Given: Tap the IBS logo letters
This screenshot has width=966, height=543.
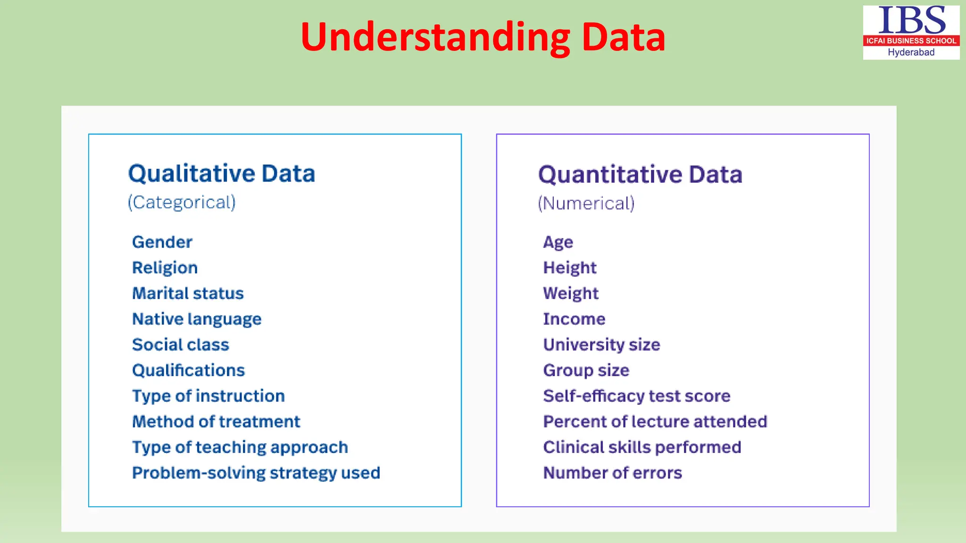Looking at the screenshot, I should click(x=911, y=21).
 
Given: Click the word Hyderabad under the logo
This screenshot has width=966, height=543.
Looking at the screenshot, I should click(x=911, y=52).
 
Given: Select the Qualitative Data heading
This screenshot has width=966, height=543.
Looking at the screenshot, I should click(x=222, y=173).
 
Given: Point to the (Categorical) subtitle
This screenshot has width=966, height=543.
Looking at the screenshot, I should click(x=182, y=202).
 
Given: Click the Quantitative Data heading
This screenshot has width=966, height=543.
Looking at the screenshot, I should click(x=640, y=174).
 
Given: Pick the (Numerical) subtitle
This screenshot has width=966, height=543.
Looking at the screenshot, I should click(x=586, y=204).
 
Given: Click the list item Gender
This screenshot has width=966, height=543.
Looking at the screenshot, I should click(x=162, y=242).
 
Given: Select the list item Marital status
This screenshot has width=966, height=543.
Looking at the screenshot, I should click(x=188, y=293).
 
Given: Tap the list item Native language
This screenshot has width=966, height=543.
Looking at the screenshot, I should click(x=197, y=319).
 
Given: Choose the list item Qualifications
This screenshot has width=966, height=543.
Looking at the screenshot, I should click(x=188, y=370).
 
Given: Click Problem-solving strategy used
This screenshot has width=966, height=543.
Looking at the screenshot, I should click(x=256, y=473).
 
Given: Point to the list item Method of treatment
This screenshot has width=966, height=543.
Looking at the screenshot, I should click(x=216, y=421).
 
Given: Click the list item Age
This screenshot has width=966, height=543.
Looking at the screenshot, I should click(x=558, y=242).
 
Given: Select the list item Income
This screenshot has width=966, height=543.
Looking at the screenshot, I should click(x=574, y=319).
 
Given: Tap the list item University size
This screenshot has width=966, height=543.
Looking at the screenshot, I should click(x=601, y=345).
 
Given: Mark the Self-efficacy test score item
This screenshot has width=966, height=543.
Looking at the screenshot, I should click(x=636, y=396).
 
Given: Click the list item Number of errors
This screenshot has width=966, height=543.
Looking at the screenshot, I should click(x=612, y=473).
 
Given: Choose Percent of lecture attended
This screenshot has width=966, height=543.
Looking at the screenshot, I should click(x=655, y=421).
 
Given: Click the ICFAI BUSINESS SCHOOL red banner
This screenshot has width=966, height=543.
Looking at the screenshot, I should click(x=911, y=41).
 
